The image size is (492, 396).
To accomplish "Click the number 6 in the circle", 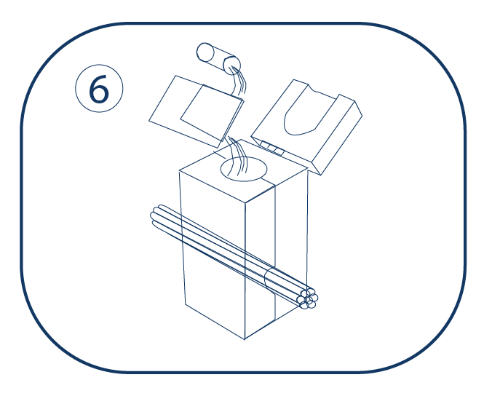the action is coord(99,89).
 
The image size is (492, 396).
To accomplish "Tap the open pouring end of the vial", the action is coord(231,66).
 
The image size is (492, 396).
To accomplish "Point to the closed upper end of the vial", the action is coord(205,52).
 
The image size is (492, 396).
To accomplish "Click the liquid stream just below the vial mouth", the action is coord(239,82).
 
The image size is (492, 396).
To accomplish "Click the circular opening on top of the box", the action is coord(244,169).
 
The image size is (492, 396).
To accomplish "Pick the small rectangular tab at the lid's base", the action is coord(273,148).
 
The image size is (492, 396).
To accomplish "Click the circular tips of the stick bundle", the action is coord(309,298).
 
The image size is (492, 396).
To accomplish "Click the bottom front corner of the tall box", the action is coord(245,339).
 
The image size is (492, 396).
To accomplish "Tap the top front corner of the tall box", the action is coord(245,202).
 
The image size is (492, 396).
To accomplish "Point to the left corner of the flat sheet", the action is coord(149,121).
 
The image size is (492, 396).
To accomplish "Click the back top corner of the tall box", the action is coord(241,140).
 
